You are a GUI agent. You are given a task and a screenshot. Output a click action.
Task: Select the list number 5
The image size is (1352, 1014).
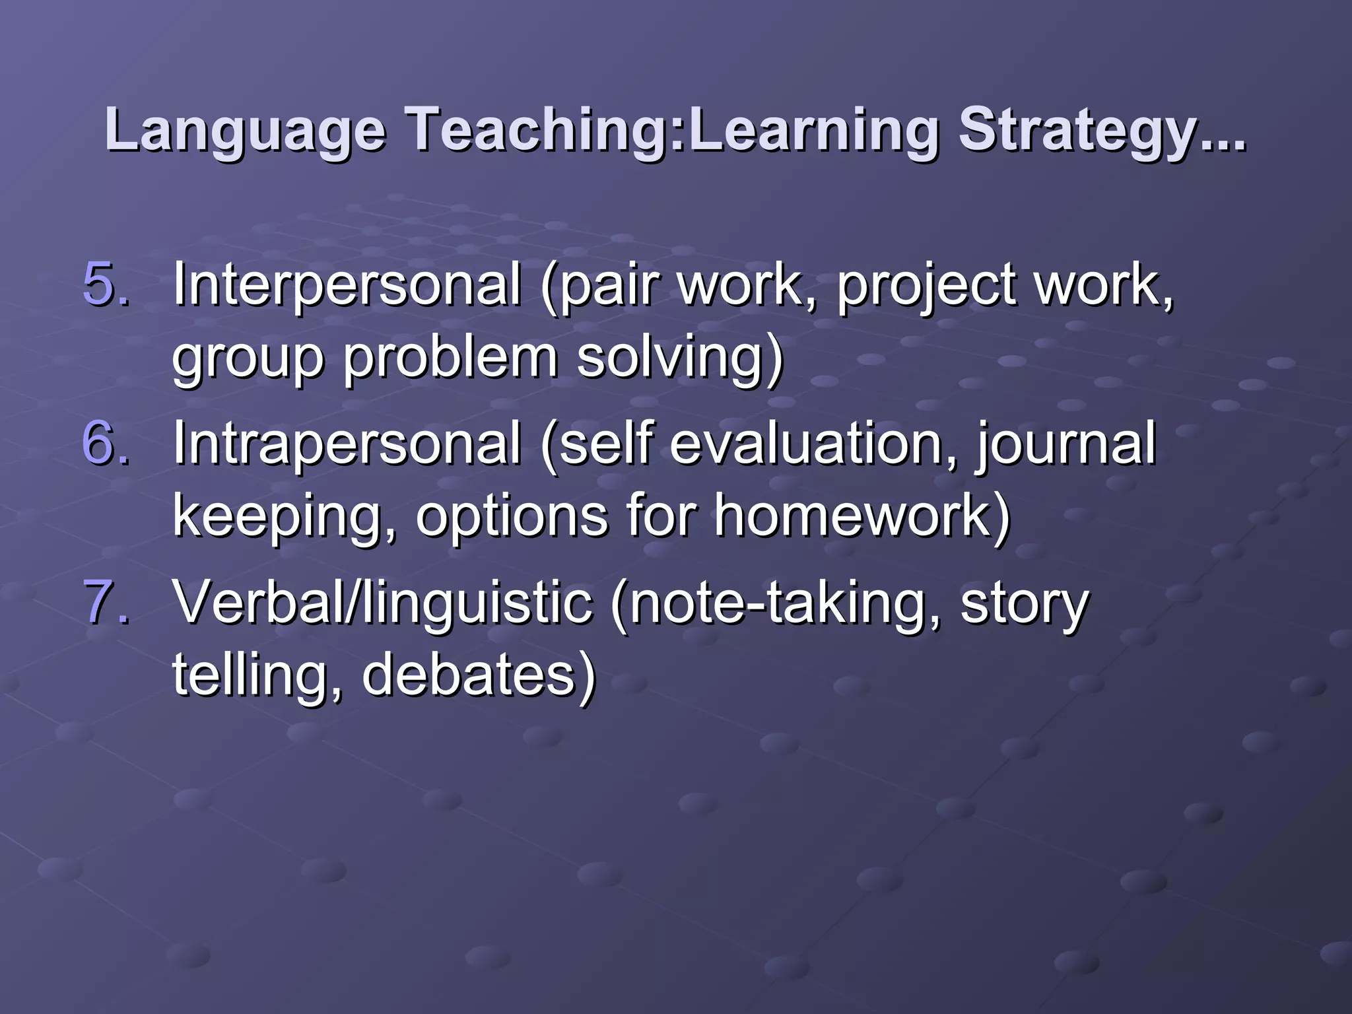coord(106,285)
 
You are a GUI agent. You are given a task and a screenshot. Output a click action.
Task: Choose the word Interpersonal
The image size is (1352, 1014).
coord(347,285)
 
